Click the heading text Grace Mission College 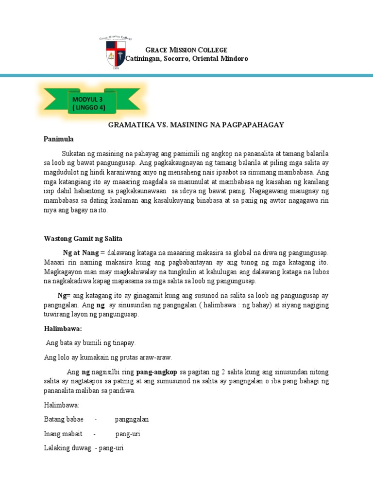tap(180, 50)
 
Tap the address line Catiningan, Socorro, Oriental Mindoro tap(186, 58)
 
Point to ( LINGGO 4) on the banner tap(88, 107)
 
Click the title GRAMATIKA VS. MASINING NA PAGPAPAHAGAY tap(196, 125)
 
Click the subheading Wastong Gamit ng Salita tap(83, 238)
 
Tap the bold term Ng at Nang tap(81, 253)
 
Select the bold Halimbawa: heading tap(63, 329)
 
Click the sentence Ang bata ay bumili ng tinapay tap(91, 343)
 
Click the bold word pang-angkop tap(157, 372)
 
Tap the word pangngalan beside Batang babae tap(132, 419)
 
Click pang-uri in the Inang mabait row tap(127, 433)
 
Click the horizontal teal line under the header tap(186, 75)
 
